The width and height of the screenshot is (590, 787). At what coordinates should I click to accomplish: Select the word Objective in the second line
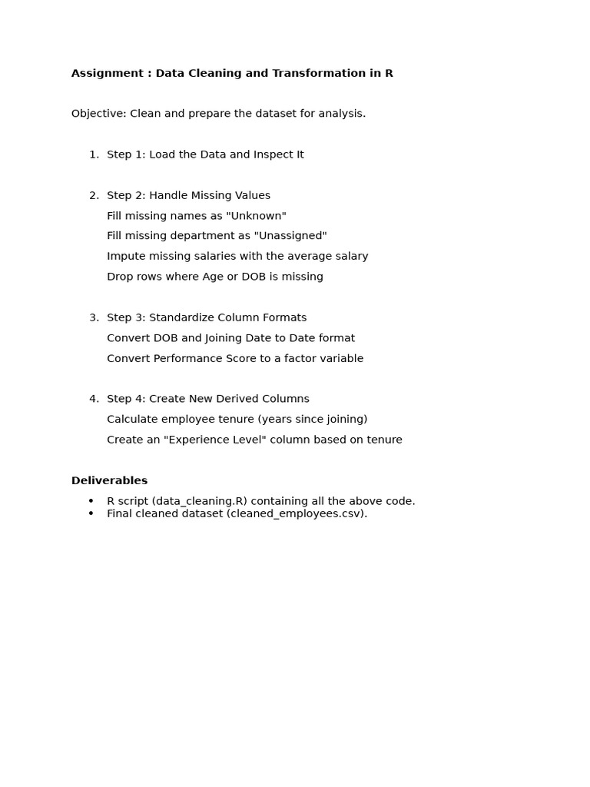98,114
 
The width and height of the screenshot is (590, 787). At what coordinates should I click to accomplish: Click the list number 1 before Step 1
93,154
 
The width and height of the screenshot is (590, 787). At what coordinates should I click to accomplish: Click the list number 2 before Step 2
93,195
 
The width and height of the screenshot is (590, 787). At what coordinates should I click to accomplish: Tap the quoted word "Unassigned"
290,236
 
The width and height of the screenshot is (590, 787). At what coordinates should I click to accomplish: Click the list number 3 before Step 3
93,317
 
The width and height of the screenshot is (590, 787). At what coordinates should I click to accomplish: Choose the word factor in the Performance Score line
296,358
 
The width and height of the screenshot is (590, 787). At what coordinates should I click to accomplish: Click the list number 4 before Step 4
93,399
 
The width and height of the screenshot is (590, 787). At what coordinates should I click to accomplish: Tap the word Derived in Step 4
238,399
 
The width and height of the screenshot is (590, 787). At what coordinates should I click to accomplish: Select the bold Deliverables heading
109,480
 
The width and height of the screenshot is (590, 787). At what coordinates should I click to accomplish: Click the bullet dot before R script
91,501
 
